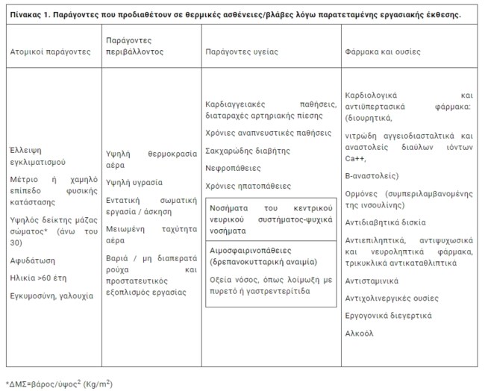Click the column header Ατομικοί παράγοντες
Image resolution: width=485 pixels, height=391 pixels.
[x=50, y=52]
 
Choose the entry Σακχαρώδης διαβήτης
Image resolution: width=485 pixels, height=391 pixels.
[x=247, y=150]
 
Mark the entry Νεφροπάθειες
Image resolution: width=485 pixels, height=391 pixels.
[x=233, y=168]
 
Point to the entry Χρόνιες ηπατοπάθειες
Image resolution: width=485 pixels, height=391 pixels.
[x=248, y=186]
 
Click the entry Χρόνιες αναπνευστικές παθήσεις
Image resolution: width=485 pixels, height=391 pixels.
[x=268, y=132]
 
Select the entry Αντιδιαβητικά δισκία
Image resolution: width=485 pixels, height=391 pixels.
[x=386, y=222]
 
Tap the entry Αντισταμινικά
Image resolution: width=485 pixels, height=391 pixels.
[x=372, y=281]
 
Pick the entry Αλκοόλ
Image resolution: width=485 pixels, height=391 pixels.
[x=360, y=334]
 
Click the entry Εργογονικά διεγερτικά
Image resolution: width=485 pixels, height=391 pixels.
[x=388, y=316]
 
